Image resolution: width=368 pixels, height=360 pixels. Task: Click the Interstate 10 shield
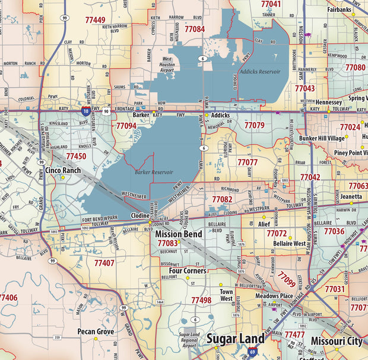[x=87, y=111]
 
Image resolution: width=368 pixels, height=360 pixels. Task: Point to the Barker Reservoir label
[x=154, y=172]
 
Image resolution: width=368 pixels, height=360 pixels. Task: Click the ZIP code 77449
[x=95, y=20]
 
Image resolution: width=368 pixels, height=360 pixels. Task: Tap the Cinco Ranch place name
[x=63, y=171]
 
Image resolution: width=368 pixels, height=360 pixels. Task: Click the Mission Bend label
[x=179, y=234]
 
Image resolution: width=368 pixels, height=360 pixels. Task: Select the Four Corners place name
[x=188, y=270]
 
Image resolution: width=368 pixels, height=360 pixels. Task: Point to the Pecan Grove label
[x=96, y=332]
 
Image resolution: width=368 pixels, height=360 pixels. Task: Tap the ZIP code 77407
[x=104, y=262]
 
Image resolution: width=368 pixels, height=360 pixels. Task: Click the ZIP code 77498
[x=201, y=300]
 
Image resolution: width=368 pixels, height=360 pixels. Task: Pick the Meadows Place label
[x=274, y=296]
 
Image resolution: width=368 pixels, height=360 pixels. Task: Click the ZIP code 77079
[x=254, y=126]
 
